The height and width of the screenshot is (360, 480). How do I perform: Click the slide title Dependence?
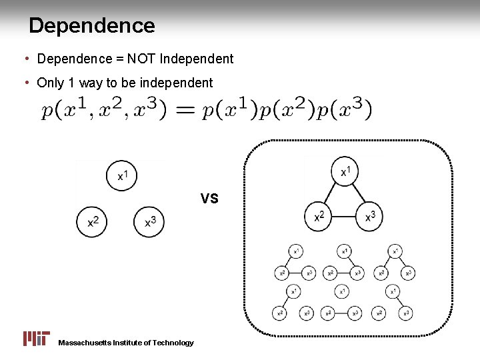coord(92,26)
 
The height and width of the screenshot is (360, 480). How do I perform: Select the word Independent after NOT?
coord(197,59)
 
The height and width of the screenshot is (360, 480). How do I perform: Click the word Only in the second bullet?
coord(51,83)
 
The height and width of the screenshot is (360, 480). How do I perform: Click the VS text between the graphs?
coord(209,198)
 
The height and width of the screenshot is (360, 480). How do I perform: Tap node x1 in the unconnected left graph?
coord(121,175)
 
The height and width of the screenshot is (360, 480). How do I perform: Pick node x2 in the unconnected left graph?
coord(93,221)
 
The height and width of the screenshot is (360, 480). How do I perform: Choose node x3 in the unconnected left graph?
coord(150,221)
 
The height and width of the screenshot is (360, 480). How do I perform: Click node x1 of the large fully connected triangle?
coord(345,171)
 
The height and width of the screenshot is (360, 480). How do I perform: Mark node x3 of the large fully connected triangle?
coord(369,217)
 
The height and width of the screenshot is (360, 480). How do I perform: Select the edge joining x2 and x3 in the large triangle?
coord(345,217)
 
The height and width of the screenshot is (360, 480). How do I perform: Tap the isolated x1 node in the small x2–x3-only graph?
coord(343,291)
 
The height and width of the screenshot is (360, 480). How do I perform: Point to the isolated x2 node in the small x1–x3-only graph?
coord(380,312)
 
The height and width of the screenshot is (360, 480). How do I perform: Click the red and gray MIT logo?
coord(36,338)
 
